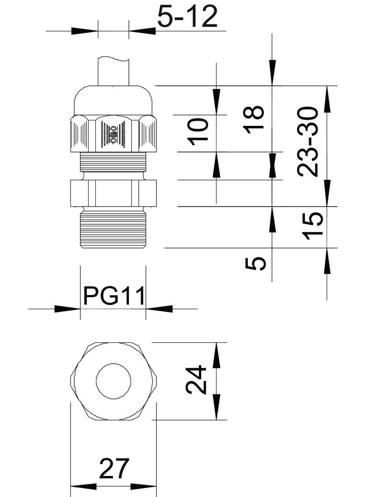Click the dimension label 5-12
(187, 18)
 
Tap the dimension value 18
(255, 119)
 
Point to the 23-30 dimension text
(308, 141)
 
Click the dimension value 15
(312, 226)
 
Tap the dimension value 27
(113, 469)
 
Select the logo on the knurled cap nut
(113, 136)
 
